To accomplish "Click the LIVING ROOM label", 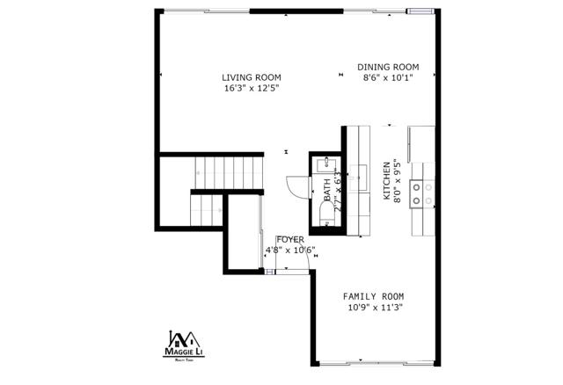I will pyautogui.click(x=251, y=77).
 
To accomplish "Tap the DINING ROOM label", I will pyautogui.click(x=388, y=67).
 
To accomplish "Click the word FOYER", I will pyautogui.click(x=290, y=239).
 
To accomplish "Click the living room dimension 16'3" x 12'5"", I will pyautogui.click(x=251, y=88).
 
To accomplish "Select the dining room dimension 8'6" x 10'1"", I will pyautogui.click(x=388, y=77).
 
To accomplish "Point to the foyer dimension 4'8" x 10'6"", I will pyautogui.click(x=290, y=250).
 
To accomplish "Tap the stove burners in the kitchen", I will pyautogui.click(x=423, y=192).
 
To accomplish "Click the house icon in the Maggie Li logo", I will pyautogui.click(x=186, y=338).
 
